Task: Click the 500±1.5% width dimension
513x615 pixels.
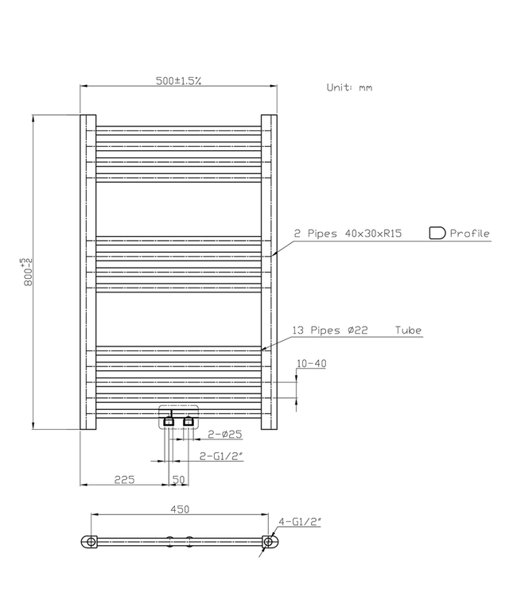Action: click(178, 80)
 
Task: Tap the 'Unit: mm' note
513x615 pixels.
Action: click(349, 87)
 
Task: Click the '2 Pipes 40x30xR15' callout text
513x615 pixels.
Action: click(348, 234)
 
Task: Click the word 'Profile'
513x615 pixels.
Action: click(470, 234)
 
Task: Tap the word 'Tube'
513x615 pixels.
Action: click(408, 331)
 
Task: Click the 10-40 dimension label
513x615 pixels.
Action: click(311, 363)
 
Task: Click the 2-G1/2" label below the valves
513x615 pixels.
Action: click(219, 455)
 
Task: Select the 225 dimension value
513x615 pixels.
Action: click(124, 479)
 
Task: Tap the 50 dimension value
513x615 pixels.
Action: click(178, 479)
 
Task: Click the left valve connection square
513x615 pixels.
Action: click(169, 422)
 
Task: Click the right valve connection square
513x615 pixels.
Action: click(188, 422)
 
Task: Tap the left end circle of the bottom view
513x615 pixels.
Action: click(90, 543)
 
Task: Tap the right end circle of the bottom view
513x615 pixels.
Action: click(270, 543)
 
